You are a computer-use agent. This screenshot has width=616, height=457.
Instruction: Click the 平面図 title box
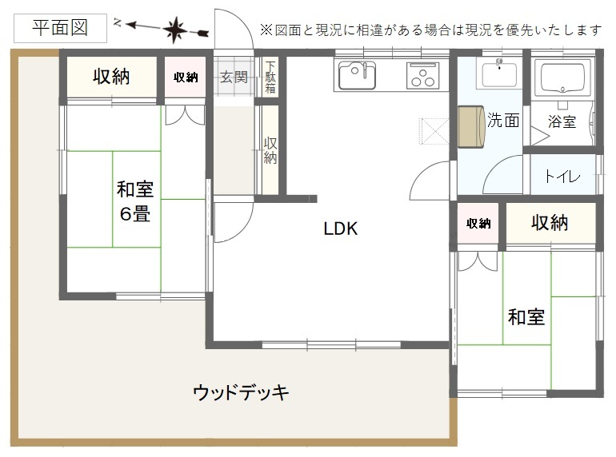[60, 28]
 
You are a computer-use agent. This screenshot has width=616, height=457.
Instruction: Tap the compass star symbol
[175, 30]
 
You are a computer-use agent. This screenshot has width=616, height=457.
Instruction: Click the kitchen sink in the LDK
[357, 75]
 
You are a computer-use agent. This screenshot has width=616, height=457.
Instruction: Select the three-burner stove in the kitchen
[423, 75]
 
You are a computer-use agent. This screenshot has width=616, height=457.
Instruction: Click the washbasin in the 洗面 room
[499, 73]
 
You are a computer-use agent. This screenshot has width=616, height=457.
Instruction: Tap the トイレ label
[562, 176]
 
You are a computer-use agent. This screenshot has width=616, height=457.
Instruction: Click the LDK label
[341, 228]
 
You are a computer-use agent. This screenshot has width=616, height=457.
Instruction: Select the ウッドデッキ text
[241, 391]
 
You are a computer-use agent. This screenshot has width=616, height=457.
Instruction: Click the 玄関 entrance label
[234, 77]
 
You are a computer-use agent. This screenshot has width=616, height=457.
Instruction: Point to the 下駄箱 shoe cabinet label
[270, 77]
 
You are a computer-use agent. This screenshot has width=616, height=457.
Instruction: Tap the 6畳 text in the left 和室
[135, 214]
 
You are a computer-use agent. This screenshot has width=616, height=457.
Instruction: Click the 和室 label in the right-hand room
[526, 317]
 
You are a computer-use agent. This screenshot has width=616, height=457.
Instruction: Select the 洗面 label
[503, 120]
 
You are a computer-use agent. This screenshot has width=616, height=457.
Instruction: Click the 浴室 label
[562, 121]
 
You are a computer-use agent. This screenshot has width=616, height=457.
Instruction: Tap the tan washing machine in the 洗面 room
[471, 127]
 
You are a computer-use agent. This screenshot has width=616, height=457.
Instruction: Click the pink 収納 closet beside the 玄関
[185, 77]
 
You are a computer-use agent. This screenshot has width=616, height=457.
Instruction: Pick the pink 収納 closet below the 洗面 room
[478, 223]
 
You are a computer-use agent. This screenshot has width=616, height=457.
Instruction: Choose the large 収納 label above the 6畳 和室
[111, 76]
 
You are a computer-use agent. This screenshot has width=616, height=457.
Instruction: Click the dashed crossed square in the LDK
[434, 131]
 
